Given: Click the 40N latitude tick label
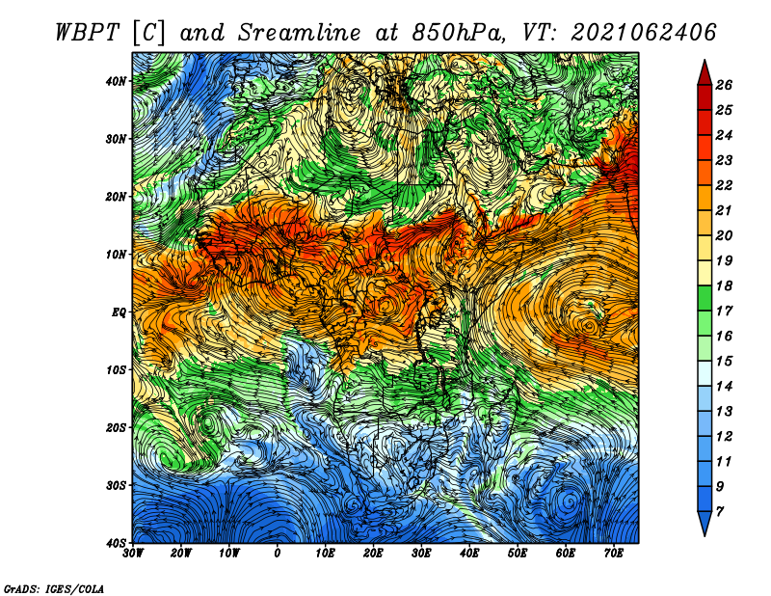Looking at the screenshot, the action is pos(116,81).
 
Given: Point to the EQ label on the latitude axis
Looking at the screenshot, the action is pos(119,312).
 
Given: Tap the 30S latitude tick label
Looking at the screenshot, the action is pos(116,485).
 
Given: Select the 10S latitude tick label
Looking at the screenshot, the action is pos(116,369).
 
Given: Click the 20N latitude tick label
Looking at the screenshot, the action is pos(116,197).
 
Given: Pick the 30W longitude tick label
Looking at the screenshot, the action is pos(133,554).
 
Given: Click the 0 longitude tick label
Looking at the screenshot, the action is pos(278,554).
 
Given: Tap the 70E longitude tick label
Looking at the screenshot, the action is pos(613,554).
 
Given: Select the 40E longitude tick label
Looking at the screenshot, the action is pos(469,554).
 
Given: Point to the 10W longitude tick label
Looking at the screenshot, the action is pos(229,554).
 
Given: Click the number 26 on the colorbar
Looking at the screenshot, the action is pos(724,85).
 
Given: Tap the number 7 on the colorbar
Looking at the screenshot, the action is pos(720,512).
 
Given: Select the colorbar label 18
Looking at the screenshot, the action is pos(724,285).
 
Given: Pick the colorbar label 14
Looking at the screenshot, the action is pos(724,386).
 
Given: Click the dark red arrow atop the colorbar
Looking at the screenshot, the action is pos(705,72).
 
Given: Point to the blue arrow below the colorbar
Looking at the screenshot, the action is pos(705,524).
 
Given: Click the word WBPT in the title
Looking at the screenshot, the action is pos(87,33).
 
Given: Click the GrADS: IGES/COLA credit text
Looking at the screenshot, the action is pos(54,588).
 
